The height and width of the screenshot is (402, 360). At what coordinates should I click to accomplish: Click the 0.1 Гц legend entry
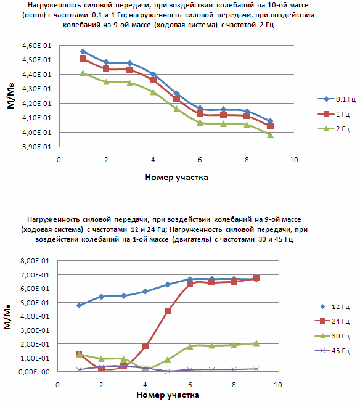click(x=337, y=99)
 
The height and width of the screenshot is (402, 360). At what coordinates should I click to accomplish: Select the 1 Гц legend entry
click(x=333, y=114)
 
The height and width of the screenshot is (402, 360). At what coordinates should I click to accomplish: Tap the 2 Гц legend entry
click(x=333, y=129)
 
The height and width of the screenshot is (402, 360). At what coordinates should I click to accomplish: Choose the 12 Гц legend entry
click(x=332, y=306)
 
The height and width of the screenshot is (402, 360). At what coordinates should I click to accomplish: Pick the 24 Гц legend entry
click(x=332, y=321)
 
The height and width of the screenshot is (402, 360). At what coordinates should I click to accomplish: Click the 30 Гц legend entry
click(x=332, y=336)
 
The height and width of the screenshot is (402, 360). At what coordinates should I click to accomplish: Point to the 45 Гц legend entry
click(x=332, y=351)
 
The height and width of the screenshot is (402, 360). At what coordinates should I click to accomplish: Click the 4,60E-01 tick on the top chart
click(x=37, y=46)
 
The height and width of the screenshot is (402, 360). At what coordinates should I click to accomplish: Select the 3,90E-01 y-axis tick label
click(x=37, y=147)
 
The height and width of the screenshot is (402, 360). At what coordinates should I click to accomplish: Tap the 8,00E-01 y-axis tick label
click(x=35, y=261)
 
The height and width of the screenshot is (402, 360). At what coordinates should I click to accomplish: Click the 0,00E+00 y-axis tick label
click(x=34, y=372)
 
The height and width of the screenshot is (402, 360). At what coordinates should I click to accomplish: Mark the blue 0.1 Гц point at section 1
click(x=83, y=52)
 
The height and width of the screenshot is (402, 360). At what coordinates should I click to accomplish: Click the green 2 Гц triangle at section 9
click(x=270, y=135)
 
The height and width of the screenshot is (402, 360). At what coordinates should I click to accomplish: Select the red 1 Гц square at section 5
click(x=176, y=99)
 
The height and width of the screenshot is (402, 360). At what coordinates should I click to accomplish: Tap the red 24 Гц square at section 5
click(x=168, y=311)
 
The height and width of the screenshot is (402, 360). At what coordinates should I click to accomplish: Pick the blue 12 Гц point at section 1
click(x=79, y=305)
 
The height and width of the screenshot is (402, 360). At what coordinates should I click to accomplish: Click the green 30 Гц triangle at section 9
click(x=256, y=343)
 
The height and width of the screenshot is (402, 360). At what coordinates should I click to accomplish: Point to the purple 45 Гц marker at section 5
click(x=168, y=371)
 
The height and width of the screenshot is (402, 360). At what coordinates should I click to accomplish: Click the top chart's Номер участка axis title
click(x=176, y=178)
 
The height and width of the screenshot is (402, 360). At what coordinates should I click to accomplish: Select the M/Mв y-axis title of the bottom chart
click(x=7, y=317)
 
